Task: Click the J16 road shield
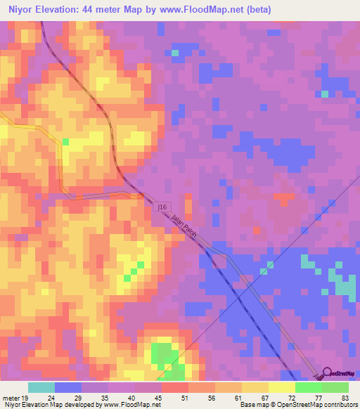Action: tap(162, 207)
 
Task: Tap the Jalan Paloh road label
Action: tap(184, 226)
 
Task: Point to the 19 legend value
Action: tap(25, 397)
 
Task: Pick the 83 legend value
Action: tap(344, 397)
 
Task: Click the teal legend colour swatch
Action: tap(41, 387)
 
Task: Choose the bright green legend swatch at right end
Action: tap(335, 387)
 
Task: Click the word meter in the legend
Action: tap(11, 397)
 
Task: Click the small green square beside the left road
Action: tap(66, 142)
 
